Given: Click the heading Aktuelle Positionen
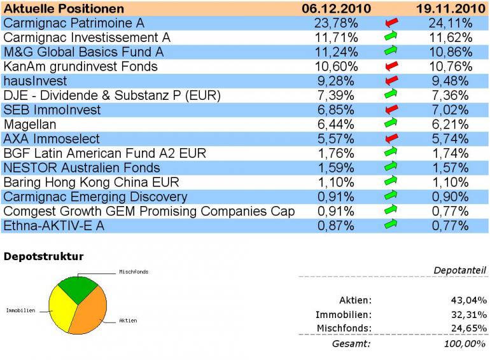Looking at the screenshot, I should click(64, 9).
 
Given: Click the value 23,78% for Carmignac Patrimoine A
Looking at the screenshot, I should click(337, 24).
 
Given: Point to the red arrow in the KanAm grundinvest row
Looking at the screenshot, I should click(392, 67).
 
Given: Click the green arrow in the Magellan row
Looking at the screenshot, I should click(392, 125).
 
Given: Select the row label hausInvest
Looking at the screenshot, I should click(35, 81).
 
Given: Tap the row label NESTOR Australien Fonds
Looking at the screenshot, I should click(82, 168).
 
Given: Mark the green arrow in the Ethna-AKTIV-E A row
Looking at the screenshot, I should click(392, 226).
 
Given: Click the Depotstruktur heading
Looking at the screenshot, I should click(43, 257).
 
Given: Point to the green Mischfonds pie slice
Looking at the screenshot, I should click(78, 287).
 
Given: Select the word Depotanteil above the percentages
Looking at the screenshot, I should click(460, 271).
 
